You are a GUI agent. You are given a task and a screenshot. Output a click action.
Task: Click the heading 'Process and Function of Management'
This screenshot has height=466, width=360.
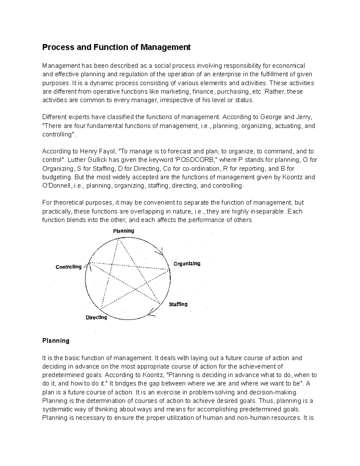(116, 47)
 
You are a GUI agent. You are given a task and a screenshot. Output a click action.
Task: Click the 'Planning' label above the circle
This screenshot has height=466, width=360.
(123, 231)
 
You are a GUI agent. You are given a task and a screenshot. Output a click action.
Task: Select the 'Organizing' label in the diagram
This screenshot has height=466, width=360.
(187, 263)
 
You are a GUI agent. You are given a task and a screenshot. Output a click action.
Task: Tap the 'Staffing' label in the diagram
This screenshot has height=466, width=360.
(178, 304)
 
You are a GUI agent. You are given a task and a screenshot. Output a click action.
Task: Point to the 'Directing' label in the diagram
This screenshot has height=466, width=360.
(96, 317)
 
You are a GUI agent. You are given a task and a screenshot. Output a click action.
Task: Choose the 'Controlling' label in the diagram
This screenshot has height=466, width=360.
(69, 267)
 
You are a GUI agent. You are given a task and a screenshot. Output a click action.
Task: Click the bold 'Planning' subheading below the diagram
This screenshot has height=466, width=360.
(56, 341)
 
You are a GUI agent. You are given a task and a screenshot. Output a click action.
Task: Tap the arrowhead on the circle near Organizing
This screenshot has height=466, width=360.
(162, 252)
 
